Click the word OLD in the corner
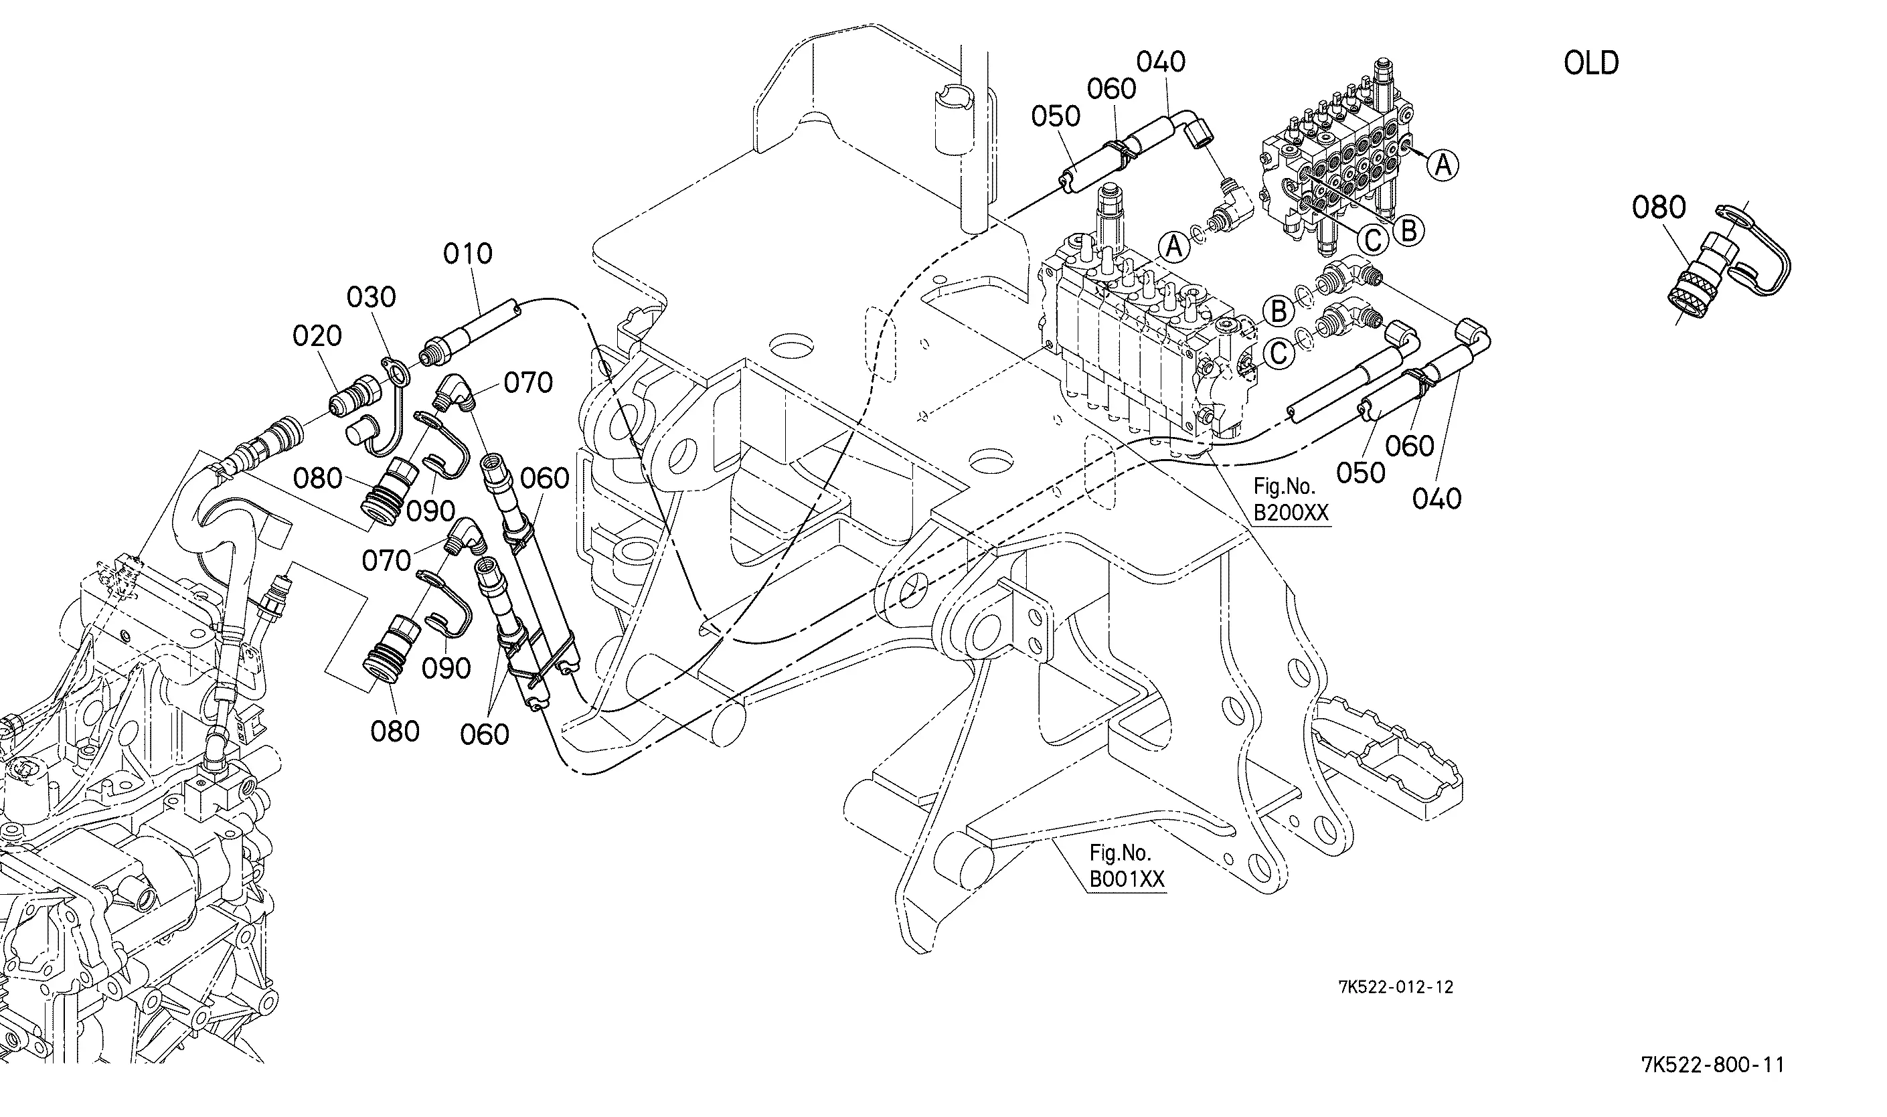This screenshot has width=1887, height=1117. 1591,63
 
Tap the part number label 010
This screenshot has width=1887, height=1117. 467,254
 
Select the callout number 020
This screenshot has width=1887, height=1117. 317,336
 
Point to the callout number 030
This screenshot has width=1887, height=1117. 371,297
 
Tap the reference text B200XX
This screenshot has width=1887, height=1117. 1291,513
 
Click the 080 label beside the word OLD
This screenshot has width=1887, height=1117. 1658,207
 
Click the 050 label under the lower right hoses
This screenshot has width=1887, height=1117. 1361,472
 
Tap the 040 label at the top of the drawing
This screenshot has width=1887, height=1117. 1161,62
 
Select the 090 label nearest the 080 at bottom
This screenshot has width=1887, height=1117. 446,668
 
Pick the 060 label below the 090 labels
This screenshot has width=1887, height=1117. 485,734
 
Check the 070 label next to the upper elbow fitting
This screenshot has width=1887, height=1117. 528,383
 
